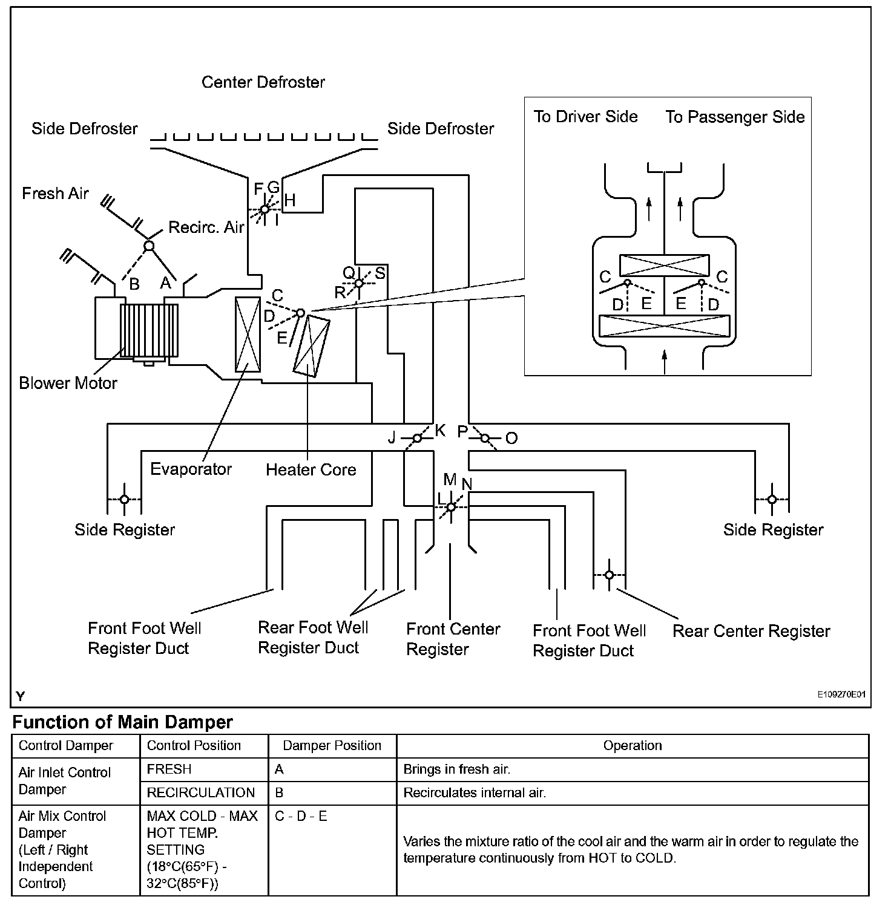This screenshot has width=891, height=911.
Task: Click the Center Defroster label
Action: tap(263, 82)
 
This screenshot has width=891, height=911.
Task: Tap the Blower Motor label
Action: tap(68, 384)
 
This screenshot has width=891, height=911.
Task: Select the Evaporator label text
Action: tap(191, 469)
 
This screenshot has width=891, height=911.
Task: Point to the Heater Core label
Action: tap(311, 470)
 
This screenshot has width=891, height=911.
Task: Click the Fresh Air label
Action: tap(55, 194)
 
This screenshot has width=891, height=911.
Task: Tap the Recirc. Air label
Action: tap(206, 227)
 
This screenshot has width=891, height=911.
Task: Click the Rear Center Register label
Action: tap(751, 632)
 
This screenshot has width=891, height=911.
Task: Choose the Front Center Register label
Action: tap(453, 639)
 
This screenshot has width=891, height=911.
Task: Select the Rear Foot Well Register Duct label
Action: tap(313, 638)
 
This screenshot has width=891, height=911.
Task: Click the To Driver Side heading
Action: tap(585, 117)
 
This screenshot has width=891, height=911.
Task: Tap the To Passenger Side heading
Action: tap(735, 117)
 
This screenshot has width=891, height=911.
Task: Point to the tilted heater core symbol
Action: tap(311, 347)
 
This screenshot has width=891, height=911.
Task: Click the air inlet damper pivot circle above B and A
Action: tap(149, 246)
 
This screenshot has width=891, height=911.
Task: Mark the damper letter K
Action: tap(440, 430)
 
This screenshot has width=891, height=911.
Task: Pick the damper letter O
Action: tap(511, 439)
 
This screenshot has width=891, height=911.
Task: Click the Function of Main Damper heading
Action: tap(122, 722)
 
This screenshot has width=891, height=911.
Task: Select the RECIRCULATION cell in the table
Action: tap(200, 793)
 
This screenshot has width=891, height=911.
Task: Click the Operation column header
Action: tap(632, 746)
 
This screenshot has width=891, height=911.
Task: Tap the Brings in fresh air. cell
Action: tap(457, 769)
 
